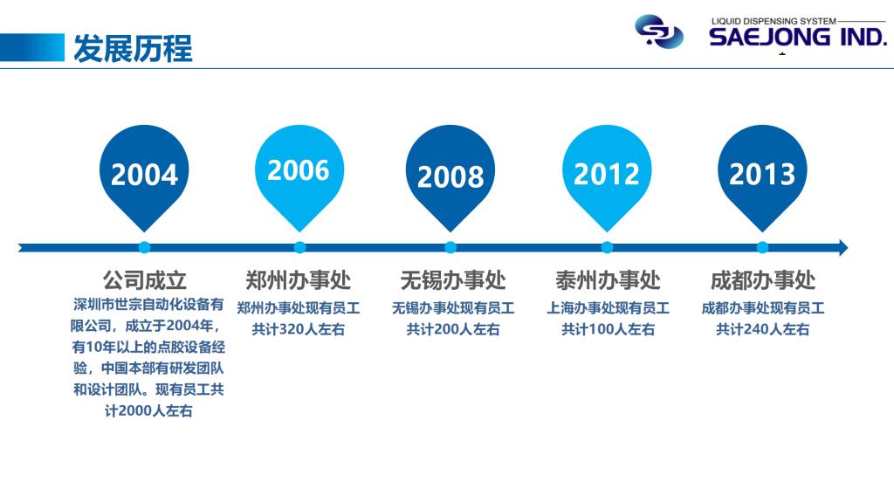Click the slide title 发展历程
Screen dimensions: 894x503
(133, 49)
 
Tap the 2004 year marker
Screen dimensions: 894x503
(144, 174)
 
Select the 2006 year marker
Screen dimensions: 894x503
(299, 171)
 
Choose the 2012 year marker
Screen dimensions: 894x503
(607, 174)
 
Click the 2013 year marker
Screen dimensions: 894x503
(762, 174)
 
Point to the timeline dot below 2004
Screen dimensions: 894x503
(144, 247)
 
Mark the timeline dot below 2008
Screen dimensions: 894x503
(450, 247)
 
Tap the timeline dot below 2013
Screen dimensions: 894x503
(762, 247)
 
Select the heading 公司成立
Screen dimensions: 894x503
(145, 280)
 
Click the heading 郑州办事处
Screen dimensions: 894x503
(299, 280)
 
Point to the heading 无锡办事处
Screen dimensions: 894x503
(453, 280)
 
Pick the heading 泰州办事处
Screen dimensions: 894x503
(608, 280)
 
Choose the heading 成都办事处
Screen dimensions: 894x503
(763, 280)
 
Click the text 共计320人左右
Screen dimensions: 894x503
(299, 329)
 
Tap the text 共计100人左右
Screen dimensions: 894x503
(608, 329)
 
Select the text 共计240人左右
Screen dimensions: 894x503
(763, 329)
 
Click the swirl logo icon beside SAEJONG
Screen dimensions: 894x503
(659, 31)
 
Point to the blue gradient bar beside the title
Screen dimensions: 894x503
(32, 48)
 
